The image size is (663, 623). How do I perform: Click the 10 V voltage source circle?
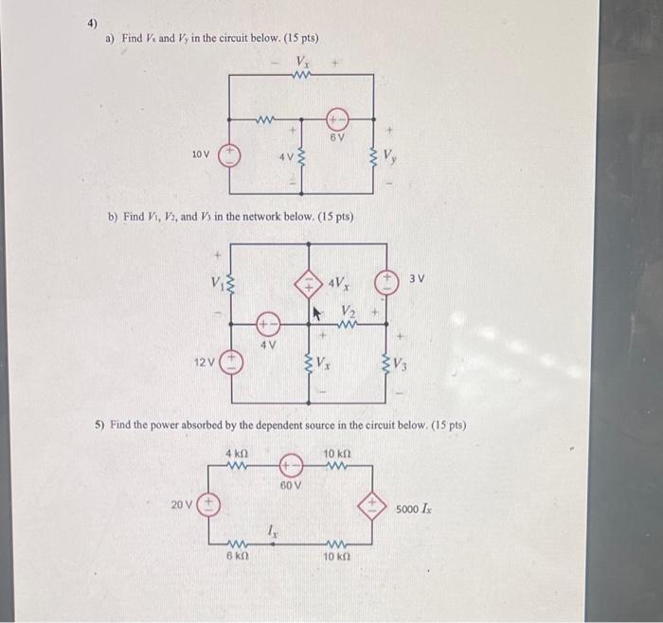pos(228,153)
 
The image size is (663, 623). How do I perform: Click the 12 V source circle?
pos(232,362)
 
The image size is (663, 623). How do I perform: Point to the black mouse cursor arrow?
pos(316,309)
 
